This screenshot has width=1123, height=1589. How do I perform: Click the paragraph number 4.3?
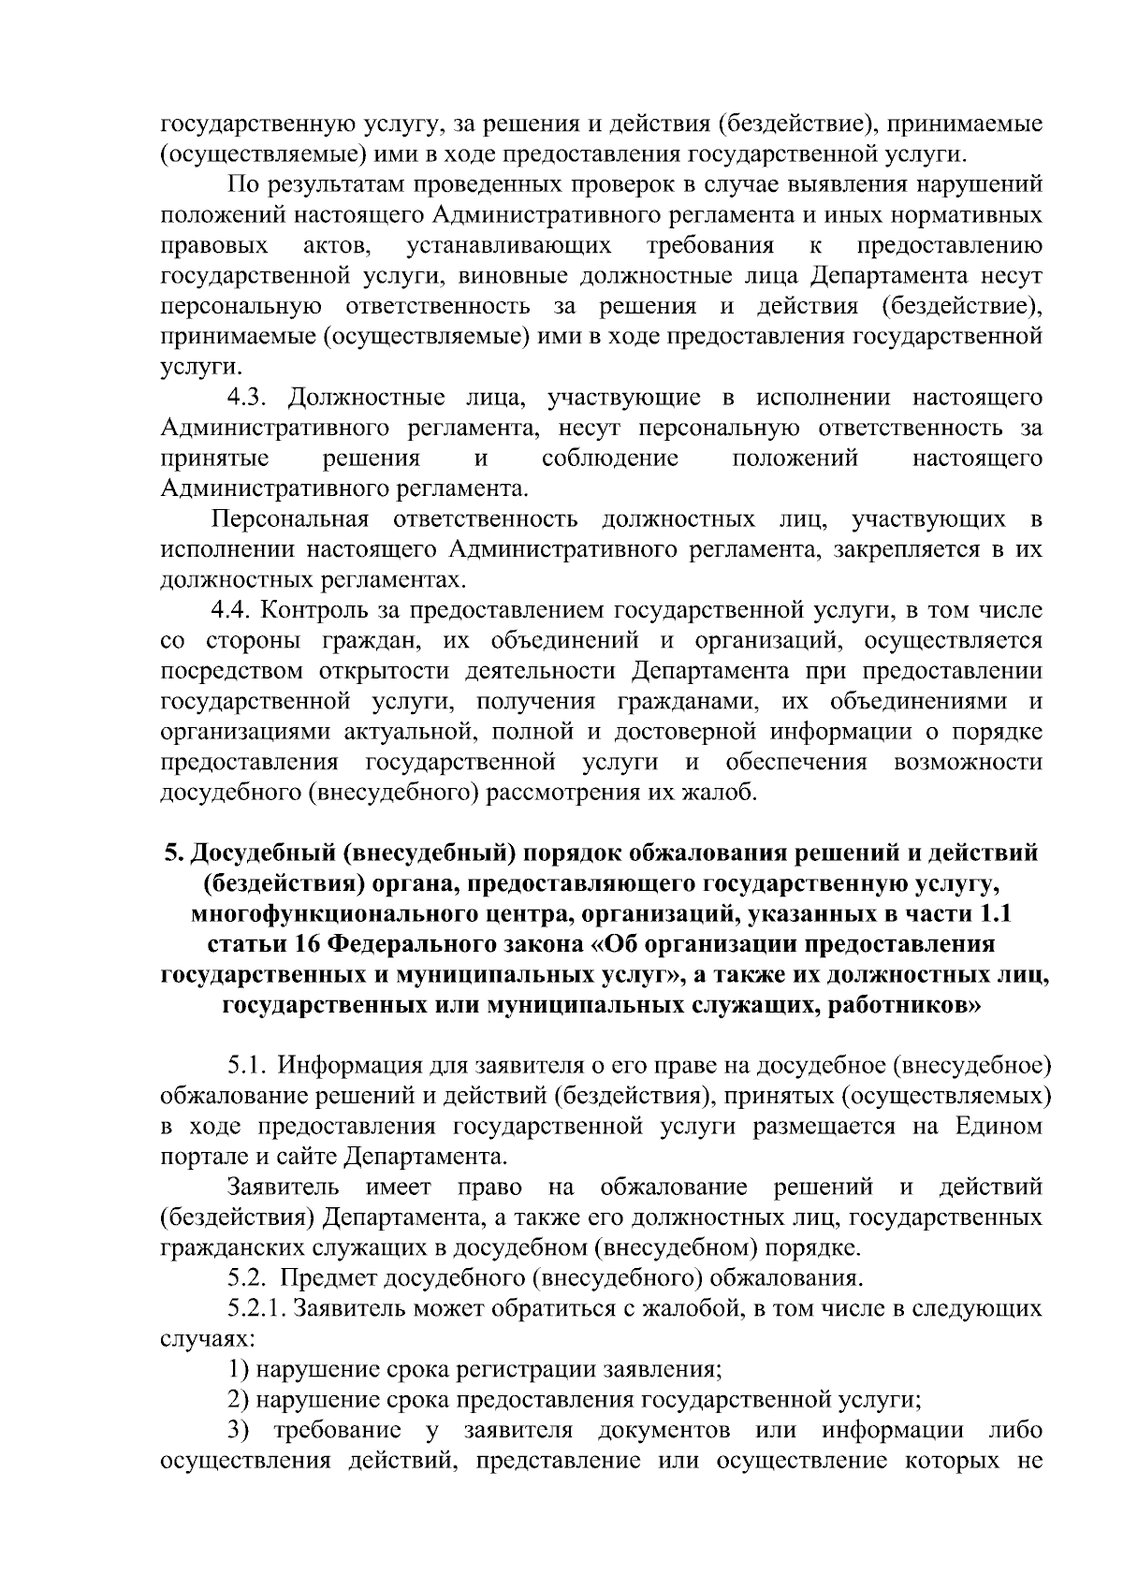click(x=250, y=398)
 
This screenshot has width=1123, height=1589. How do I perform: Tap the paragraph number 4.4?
click(x=234, y=611)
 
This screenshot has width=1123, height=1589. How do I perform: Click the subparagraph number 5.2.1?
click(x=258, y=1308)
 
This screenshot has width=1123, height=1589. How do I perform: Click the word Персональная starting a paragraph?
click(x=291, y=519)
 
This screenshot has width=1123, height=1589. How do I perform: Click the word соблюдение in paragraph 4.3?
click(x=610, y=459)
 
